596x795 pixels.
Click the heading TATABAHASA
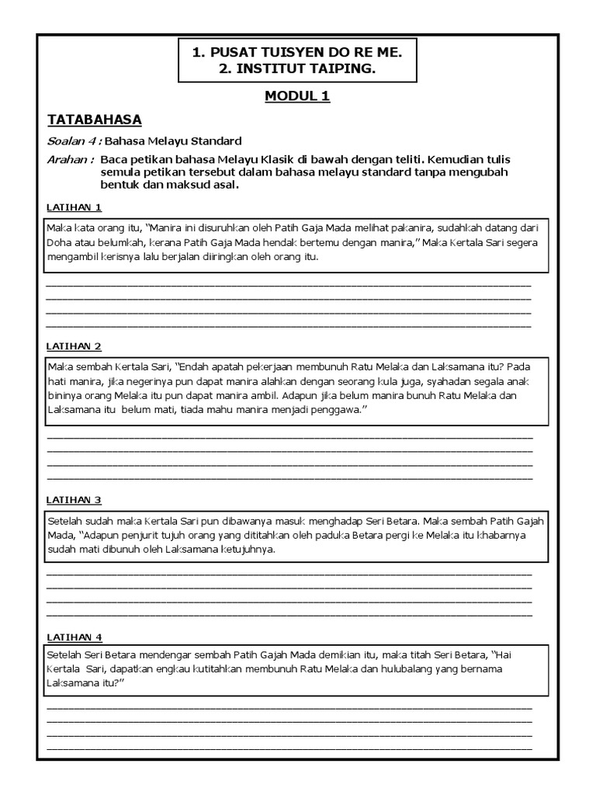pos(94,120)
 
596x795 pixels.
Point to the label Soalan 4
pos(72,141)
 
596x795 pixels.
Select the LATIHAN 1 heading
pos(74,207)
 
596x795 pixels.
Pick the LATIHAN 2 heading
pos(74,346)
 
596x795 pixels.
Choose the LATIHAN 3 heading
pos(74,500)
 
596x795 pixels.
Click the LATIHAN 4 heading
pos(74,637)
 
